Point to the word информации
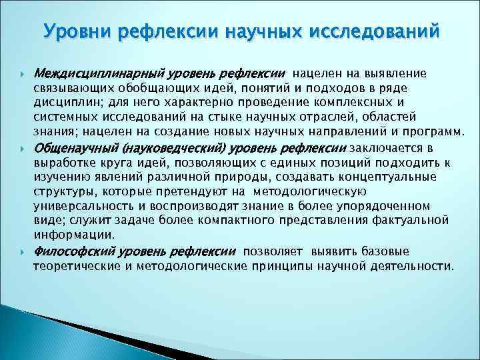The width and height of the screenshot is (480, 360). point(73,235)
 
